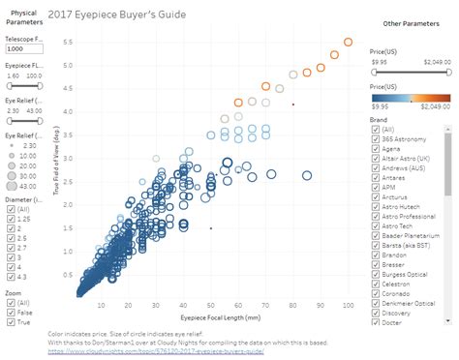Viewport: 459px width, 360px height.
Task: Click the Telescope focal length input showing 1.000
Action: click(27, 47)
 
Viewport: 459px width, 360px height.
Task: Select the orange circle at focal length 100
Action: click(349, 43)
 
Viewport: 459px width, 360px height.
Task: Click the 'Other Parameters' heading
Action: click(405, 22)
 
